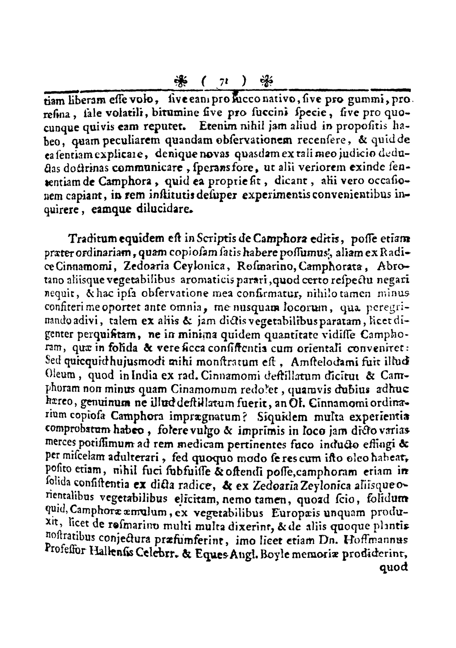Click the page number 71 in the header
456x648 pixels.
[x=224, y=81]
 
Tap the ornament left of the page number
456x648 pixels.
[x=180, y=80]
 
